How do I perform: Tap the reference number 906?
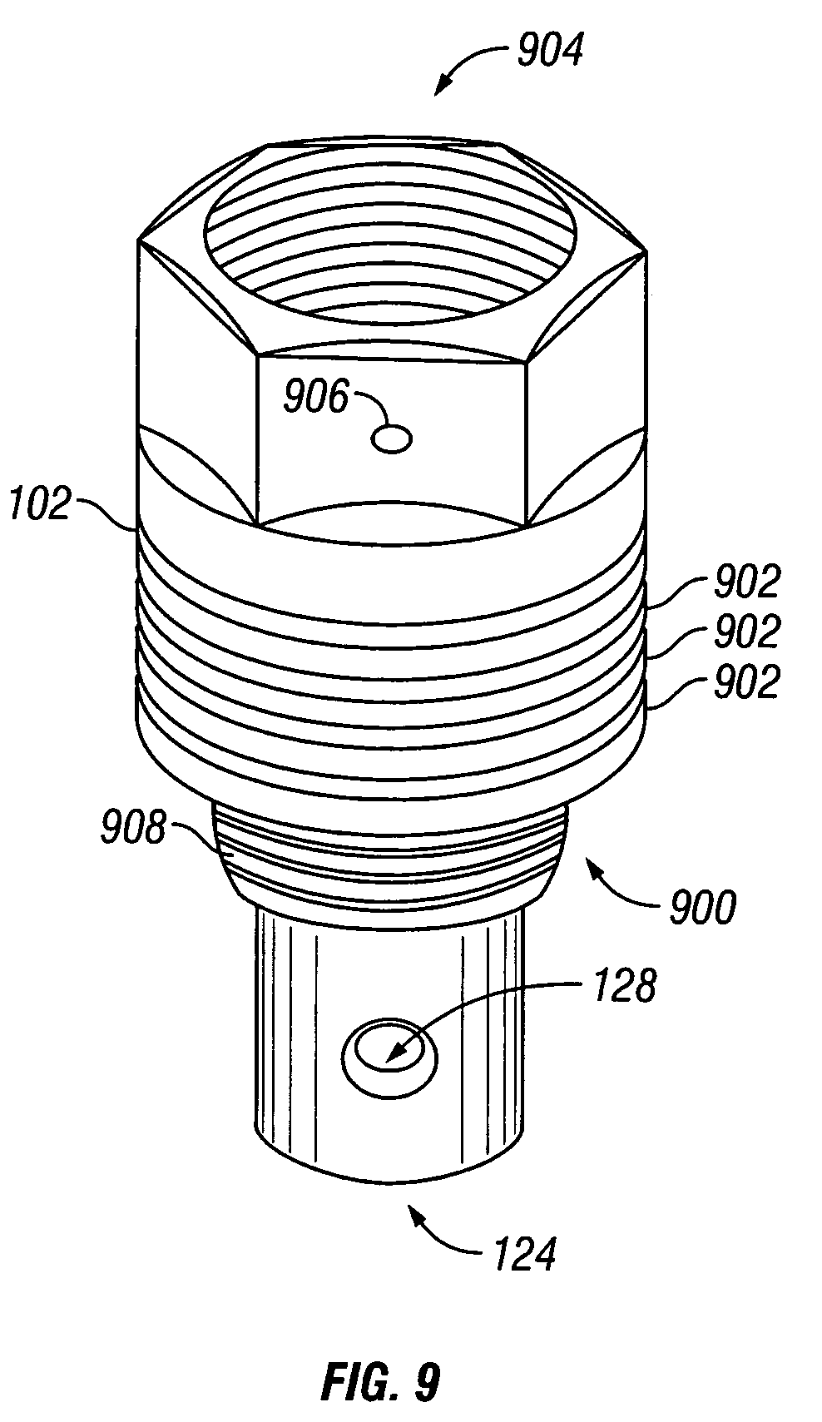[316, 399]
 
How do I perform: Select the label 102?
[41, 505]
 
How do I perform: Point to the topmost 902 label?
[746, 582]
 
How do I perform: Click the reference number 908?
[133, 829]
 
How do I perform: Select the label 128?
[624, 987]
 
